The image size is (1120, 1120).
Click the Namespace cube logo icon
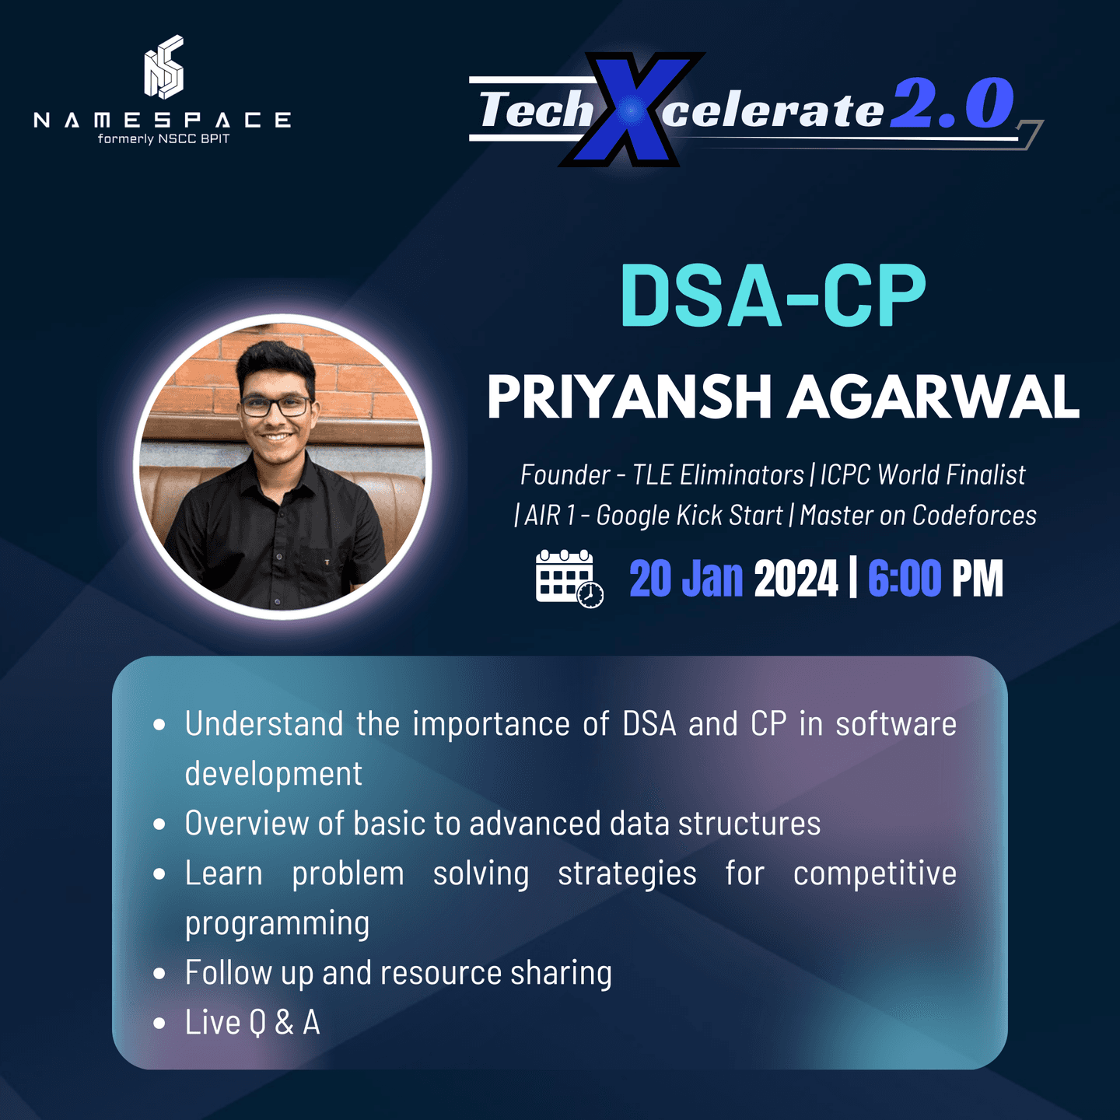click(x=163, y=68)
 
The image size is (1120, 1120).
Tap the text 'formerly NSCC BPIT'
click(x=163, y=139)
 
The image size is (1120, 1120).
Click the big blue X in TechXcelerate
click(x=632, y=110)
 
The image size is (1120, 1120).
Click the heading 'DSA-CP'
click(x=772, y=296)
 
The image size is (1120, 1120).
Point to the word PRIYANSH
click(x=628, y=397)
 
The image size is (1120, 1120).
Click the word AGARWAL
click(x=933, y=397)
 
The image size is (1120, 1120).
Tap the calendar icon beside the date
click(x=569, y=578)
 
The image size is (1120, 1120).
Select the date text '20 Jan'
click(x=686, y=579)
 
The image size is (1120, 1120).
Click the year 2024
click(x=796, y=579)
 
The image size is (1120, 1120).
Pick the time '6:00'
click(x=904, y=579)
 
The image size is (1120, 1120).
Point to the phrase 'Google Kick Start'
click(x=689, y=516)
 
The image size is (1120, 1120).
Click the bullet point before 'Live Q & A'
click(x=159, y=1023)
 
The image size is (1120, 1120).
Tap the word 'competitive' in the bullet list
click(x=874, y=873)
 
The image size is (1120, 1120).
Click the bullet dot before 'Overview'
click(x=159, y=824)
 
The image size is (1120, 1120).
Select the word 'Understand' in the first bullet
click(x=264, y=724)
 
